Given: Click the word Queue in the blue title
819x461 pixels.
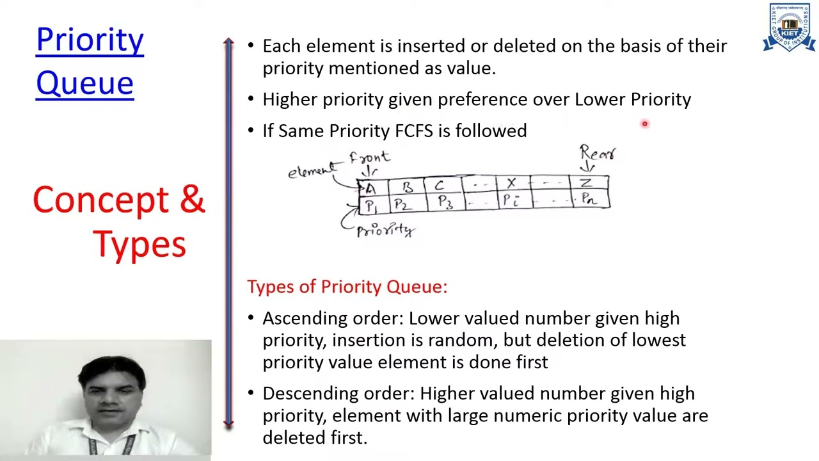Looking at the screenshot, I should [x=84, y=84].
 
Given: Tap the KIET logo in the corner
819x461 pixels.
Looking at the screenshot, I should [x=789, y=28].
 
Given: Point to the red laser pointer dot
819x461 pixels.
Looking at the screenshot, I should [x=645, y=124].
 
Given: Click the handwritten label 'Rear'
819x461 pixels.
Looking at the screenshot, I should [x=597, y=153].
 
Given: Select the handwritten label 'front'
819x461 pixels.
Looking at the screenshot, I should [x=369, y=157].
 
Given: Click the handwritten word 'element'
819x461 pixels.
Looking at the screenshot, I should [x=311, y=171].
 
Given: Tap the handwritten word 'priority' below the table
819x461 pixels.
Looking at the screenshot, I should [x=386, y=230].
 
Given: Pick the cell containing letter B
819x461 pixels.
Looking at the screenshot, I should [x=408, y=186].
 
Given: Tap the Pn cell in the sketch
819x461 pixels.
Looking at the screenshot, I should [x=588, y=200].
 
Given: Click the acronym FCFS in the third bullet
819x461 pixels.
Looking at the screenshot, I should [x=414, y=131].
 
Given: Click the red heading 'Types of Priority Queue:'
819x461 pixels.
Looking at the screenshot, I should [x=347, y=286].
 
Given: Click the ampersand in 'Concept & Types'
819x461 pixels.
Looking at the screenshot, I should [x=192, y=200].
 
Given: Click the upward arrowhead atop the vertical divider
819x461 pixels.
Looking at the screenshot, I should [x=229, y=42].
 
